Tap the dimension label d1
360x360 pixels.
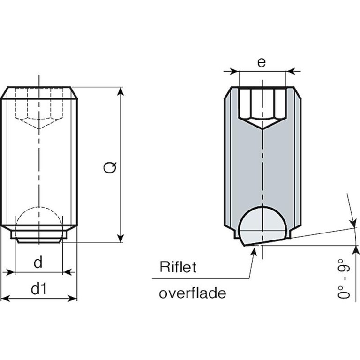(x=39, y=289)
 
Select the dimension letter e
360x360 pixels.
(x=262, y=63)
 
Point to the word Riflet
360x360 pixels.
(x=178, y=268)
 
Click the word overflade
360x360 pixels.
(x=192, y=294)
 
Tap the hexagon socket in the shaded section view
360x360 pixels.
(x=262, y=106)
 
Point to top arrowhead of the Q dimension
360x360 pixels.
(x=121, y=91)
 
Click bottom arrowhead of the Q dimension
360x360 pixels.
(x=121, y=239)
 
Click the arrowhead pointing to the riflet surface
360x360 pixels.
(x=255, y=251)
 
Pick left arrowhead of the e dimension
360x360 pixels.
(x=234, y=71)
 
